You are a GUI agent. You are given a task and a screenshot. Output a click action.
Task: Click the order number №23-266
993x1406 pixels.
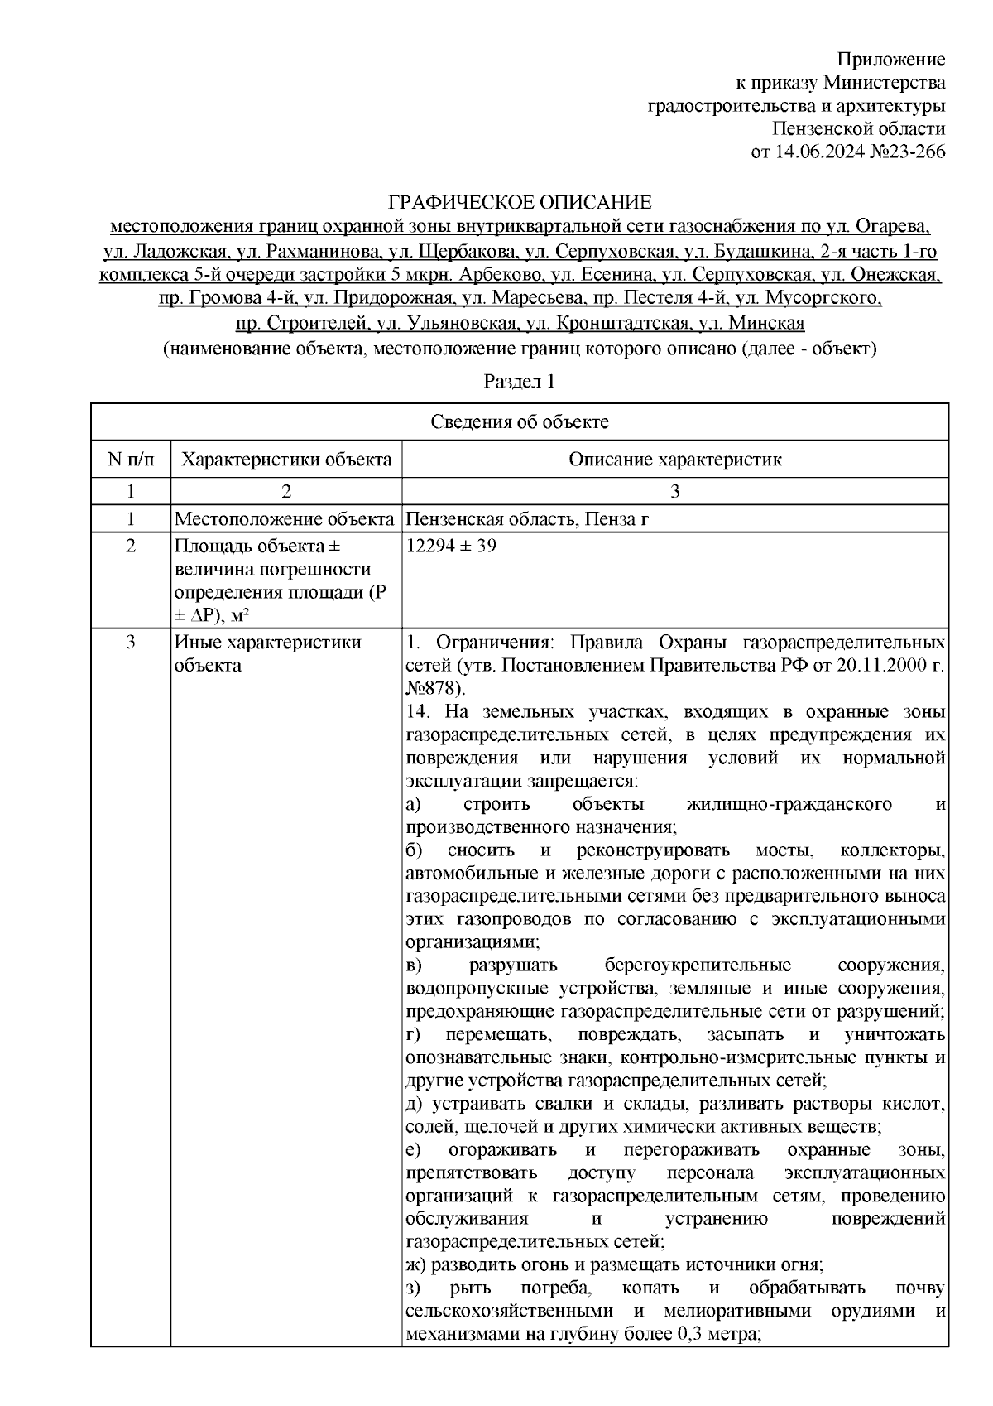pyautogui.click(x=903, y=152)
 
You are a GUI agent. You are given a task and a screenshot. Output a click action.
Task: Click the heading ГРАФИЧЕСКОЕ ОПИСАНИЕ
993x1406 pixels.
pyautogui.click(x=520, y=203)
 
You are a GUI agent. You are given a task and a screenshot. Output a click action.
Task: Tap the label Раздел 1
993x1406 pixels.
pyautogui.click(x=518, y=382)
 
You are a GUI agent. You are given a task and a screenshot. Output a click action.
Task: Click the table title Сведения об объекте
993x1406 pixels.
pyautogui.click(x=520, y=422)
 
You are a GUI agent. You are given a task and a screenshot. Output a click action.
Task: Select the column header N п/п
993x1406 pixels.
pyautogui.click(x=130, y=460)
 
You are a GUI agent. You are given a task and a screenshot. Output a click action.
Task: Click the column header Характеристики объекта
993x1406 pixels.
pyautogui.click(x=286, y=460)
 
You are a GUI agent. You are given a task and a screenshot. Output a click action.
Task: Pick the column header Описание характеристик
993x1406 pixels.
pyautogui.click(x=674, y=460)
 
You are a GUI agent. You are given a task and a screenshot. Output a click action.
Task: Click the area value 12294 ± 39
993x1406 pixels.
pyautogui.click(x=452, y=547)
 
